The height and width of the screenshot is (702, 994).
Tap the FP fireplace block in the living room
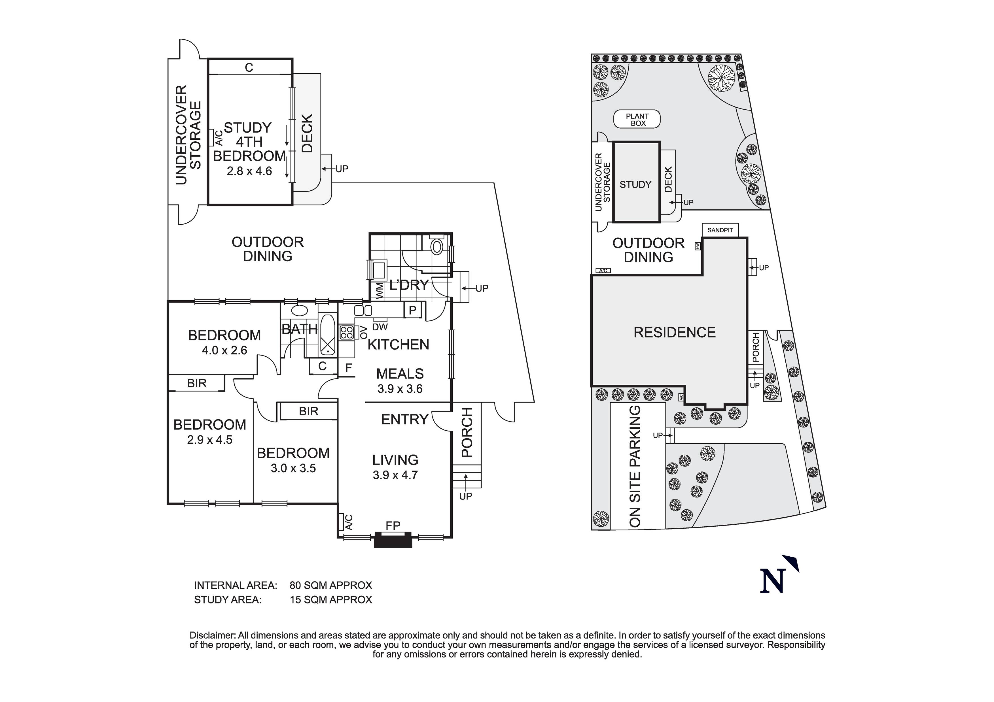[x=393, y=541]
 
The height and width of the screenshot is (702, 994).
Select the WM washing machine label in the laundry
[x=379, y=291]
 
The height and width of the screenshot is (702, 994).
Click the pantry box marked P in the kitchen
[x=412, y=310]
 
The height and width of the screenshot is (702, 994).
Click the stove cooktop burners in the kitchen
[x=347, y=332]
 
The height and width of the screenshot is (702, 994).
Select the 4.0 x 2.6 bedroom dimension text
[x=224, y=350]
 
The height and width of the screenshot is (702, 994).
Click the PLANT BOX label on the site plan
[x=637, y=120]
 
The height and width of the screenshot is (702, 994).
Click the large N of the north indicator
[x=773, y=581]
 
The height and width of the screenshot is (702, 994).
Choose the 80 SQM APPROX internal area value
[x=331, y=585]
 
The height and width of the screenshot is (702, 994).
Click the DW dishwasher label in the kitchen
[x=380, y=327]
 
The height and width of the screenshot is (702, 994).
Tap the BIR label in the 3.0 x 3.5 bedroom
[x=308, y=411]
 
